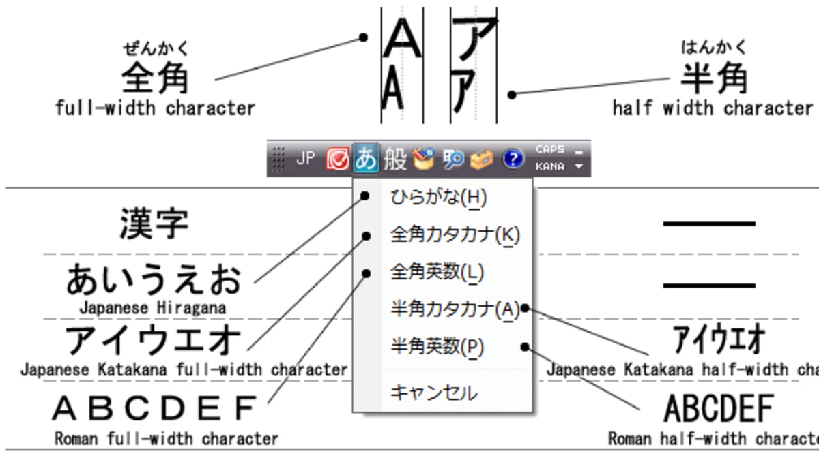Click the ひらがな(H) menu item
tap(438, 198)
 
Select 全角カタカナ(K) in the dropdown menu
tap(455, 235)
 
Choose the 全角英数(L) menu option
tap(437, 273)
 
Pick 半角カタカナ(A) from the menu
tap(455, 309)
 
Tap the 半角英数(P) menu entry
tap(437, 347)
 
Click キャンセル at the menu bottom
tap(434, 393)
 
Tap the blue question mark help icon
tap(513, 159)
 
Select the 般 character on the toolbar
tap(395, 159)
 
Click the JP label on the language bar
tap(306, 159)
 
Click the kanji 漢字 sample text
tap(154, 223)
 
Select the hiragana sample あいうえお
tap(154, 280)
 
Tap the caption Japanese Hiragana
tap(152, 308)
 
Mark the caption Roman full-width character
tap(166, 438)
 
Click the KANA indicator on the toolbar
tap(550, 166)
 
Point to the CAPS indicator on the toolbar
tap(550, 149)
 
